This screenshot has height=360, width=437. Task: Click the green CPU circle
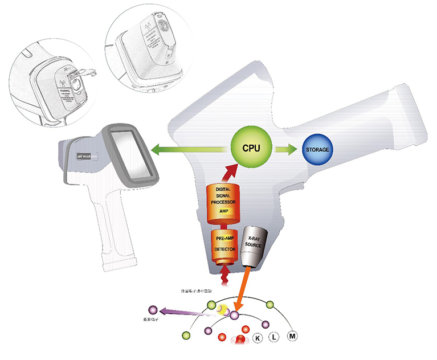click(251, 148)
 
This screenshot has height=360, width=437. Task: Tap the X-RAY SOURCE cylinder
click(252, 246)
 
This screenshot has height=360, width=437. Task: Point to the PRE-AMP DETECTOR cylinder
click(224, 247)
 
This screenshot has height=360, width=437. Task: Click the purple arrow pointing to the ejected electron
click(182, 312)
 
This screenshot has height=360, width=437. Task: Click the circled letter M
click(293, 336)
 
